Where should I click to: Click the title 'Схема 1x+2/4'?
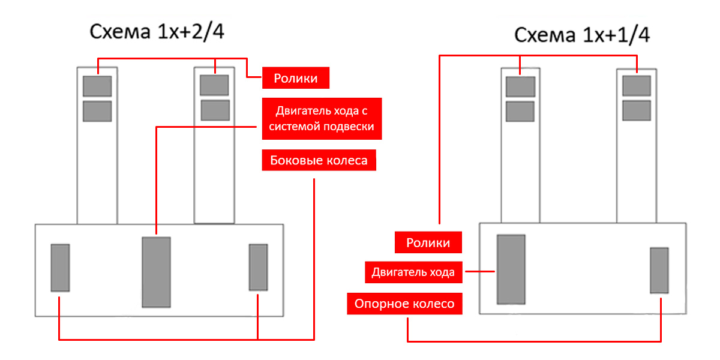click(157, 31)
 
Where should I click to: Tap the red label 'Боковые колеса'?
click(319, 161)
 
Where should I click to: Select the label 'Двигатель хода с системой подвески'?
click(322, 119)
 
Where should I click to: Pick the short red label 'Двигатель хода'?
click(413, 272)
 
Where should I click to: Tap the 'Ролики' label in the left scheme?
click(296, 77)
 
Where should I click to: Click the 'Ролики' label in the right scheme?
click(428, 243)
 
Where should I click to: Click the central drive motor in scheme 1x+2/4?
click(156, 272)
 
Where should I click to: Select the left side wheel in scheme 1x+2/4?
click(60, 268)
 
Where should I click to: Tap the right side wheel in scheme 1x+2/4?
click(258, 268)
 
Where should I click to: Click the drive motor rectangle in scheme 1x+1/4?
click(511, 269)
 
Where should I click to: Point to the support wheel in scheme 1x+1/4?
click(659, 271)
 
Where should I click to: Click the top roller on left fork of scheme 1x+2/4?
click(97, 86)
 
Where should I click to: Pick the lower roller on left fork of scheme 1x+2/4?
click(97, 111)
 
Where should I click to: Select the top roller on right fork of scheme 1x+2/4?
click(214, 85)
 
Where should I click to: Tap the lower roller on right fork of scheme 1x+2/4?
click(215, 110)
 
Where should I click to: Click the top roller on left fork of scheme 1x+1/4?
click(520, 86)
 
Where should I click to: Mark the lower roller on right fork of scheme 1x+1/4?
click(637, 110)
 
